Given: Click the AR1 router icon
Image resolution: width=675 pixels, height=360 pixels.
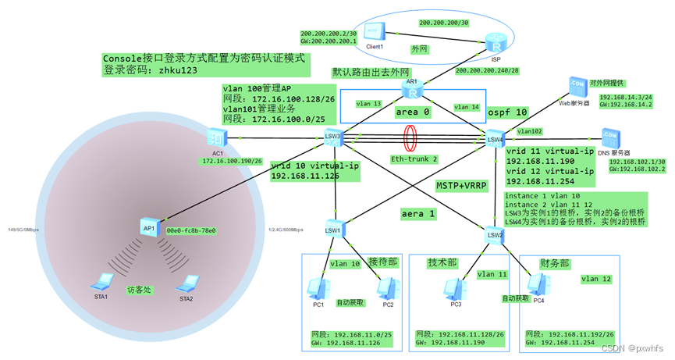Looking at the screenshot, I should click(412, 92).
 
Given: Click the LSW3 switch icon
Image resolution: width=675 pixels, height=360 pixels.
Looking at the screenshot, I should click(334, 137).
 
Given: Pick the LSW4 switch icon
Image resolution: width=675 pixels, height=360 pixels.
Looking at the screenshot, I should click(494, 139).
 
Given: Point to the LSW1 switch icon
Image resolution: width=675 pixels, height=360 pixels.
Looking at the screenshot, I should click(334, 227).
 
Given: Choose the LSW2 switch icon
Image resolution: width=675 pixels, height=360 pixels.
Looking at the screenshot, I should click(494, 232).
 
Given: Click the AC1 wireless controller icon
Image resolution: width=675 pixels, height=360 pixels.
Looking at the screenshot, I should click(217, 137).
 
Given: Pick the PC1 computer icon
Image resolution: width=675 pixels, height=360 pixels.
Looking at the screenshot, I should click(318, 287).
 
